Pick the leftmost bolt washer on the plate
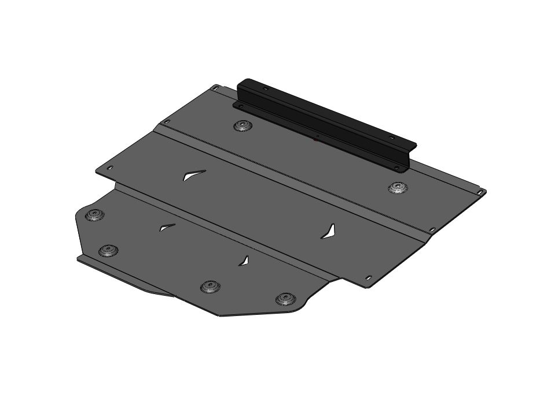[x=94, y=215]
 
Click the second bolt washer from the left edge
[x=108, y=251]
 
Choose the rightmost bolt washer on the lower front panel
[x=284, y=298]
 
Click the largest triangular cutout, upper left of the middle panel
[x=193, y=176]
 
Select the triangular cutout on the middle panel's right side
[x=328, y=232]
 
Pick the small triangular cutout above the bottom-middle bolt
[x=245, y=261]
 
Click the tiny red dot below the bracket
[x=315, y=139]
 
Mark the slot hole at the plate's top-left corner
[x=215, y=87]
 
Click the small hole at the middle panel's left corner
[x=110, y=168]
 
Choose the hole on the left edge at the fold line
[x=167, y=122]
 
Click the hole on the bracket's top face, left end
[x=266, y=89]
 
